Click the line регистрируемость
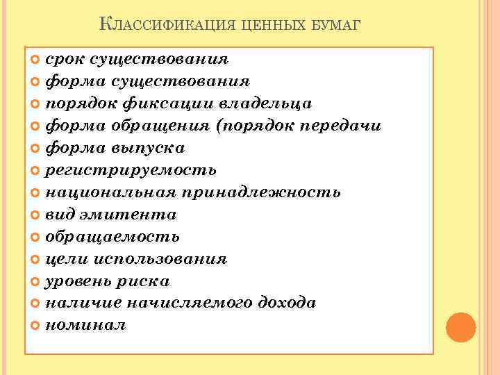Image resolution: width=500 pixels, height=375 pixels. tap(131, 170)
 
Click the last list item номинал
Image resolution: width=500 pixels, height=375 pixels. tap(85, 326)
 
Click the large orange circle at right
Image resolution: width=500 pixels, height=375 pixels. tap(460, 327)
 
